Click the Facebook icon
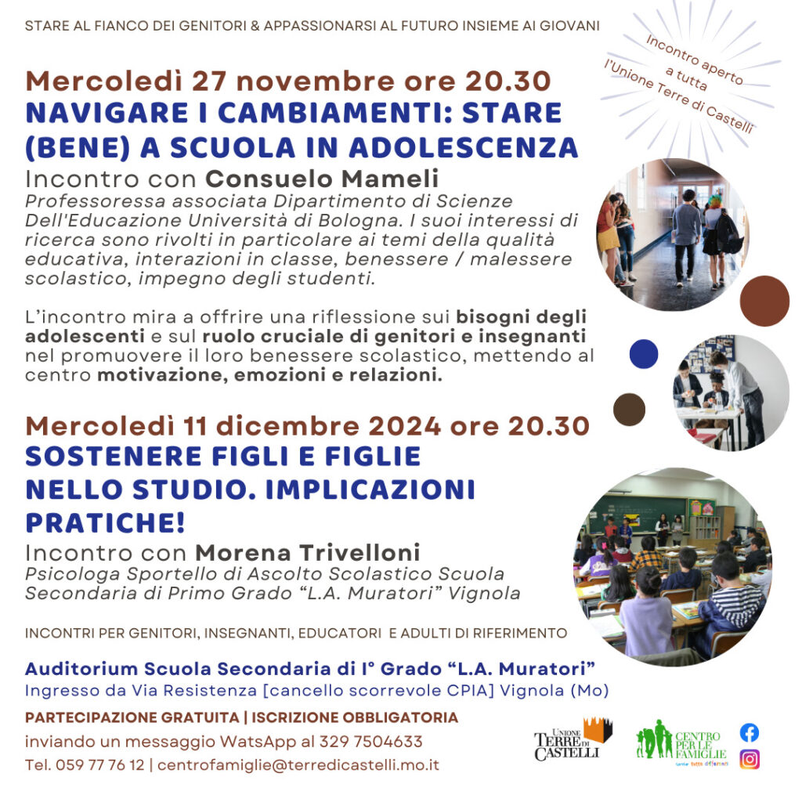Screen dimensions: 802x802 750,732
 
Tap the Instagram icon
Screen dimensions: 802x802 750,759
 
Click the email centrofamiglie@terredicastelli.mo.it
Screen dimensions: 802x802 298,764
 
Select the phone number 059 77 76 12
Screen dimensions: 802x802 100,764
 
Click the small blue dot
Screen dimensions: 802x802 643,354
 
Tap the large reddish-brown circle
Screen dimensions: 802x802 764,301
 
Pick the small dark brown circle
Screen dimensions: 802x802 629,409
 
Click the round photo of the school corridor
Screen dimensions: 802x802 672,234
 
